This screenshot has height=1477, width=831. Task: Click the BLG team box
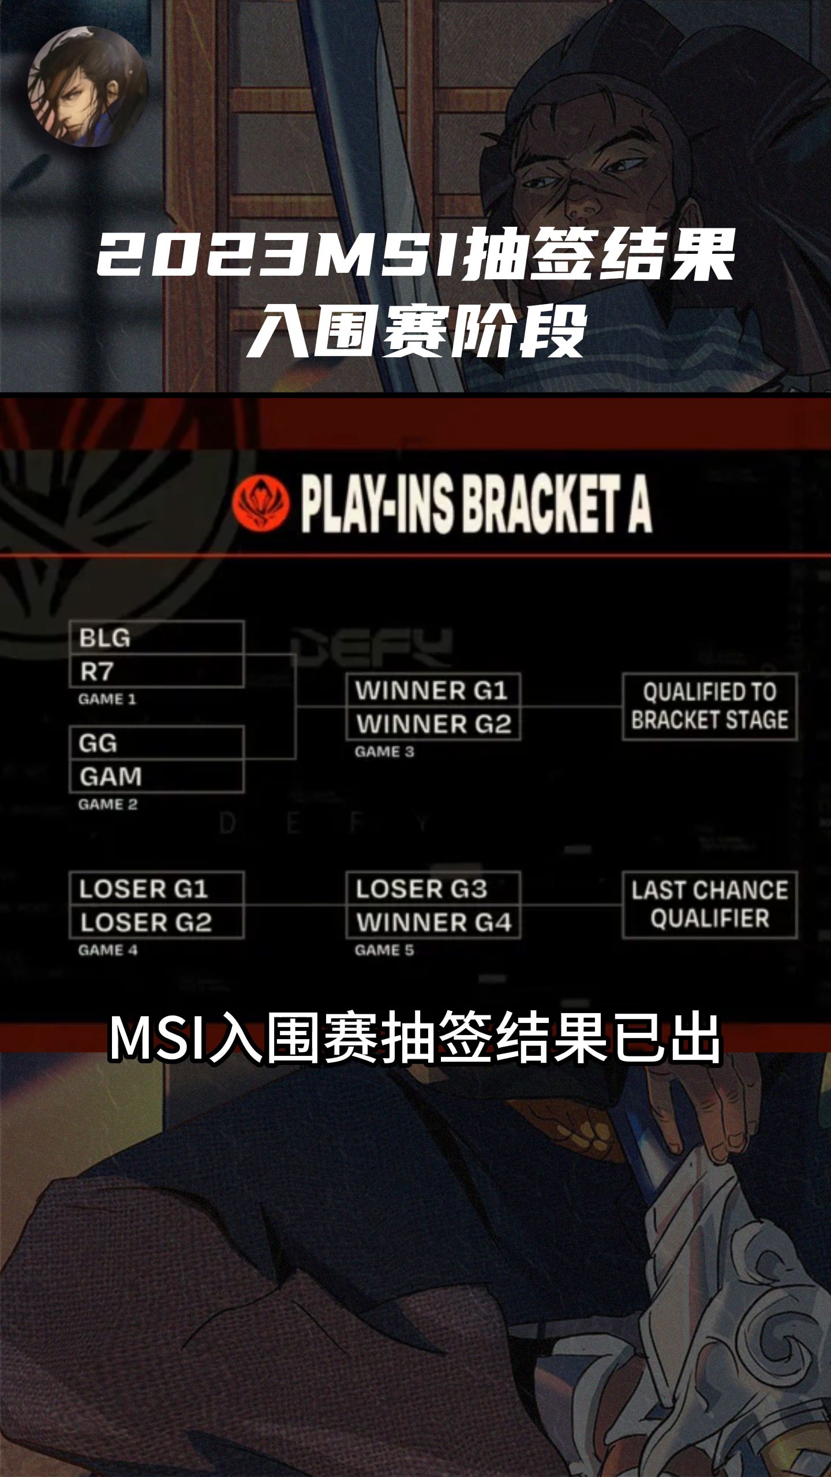156,638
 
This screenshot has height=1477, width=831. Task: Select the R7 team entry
156,671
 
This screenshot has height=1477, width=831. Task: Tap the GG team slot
156,743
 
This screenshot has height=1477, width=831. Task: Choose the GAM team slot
156,777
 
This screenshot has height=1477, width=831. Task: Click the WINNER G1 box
433,690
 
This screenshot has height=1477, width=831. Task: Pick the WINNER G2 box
433,723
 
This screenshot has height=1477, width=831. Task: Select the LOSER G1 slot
156,889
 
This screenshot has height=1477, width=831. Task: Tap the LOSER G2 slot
156,922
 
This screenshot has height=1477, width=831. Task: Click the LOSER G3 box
433,889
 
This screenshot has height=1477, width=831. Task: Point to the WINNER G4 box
433,922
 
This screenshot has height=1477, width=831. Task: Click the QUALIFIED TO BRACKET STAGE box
710,706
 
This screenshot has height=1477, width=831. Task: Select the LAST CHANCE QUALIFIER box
710,904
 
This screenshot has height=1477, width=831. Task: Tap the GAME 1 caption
107,699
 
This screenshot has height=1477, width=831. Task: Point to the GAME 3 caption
384,752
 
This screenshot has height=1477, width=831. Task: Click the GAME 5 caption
384,950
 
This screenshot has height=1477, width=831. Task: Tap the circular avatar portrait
88,87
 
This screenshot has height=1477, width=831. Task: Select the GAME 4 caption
108,950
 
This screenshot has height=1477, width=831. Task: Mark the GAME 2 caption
108,804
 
